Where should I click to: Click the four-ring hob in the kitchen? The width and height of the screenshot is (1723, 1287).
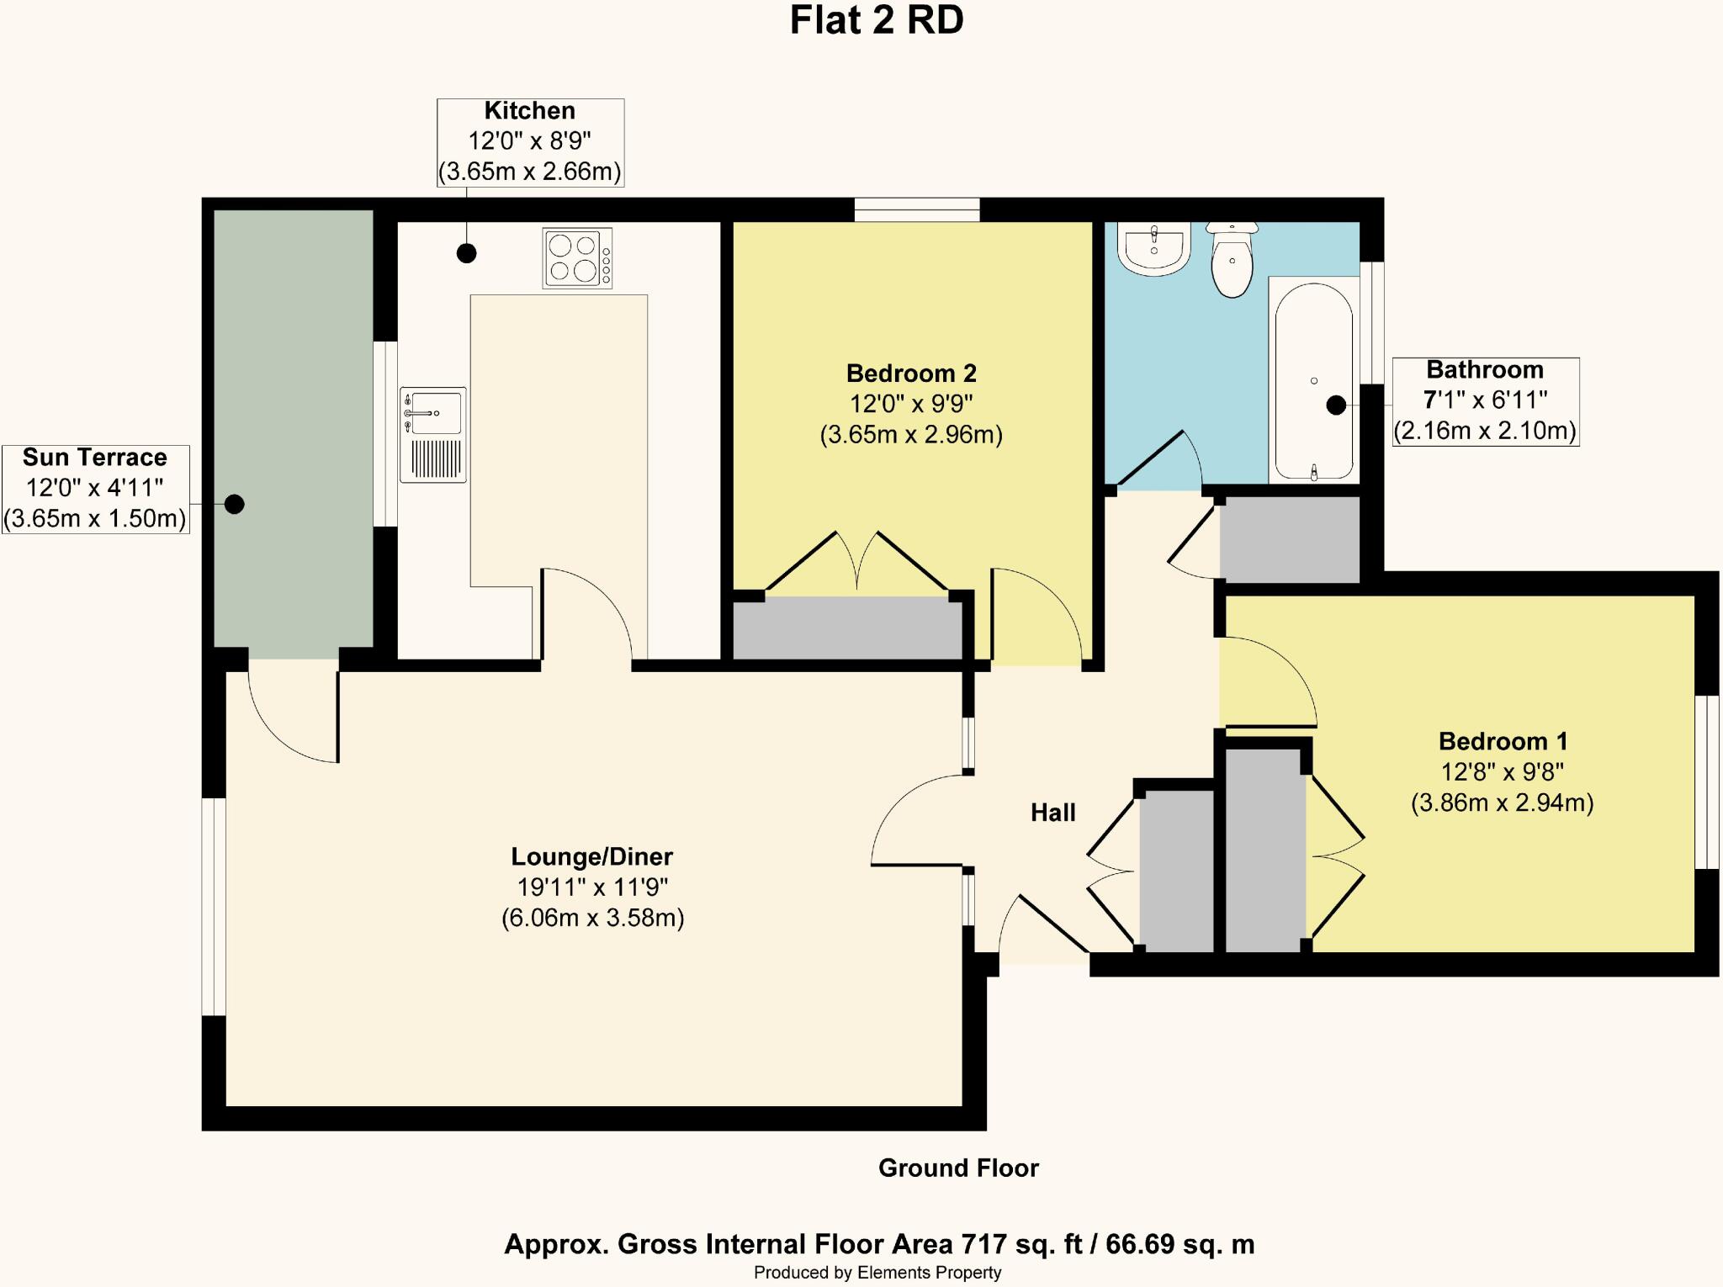[577, 258]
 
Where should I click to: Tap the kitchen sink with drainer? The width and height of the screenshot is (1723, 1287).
[433, 434]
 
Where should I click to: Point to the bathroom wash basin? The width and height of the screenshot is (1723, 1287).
[1153, 247]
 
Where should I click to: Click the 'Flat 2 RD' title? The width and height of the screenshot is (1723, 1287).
[877, 21]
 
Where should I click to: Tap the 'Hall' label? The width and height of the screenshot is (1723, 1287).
[1052, 813]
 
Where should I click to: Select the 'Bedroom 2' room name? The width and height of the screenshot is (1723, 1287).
[911, 373]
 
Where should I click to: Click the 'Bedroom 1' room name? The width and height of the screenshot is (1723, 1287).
[1503, 741]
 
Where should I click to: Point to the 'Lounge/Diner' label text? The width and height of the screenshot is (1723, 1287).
[592, 856]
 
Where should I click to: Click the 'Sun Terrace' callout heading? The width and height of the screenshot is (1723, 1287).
[95, 458]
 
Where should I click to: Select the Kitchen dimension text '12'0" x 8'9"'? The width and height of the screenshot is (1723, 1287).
[530, 140]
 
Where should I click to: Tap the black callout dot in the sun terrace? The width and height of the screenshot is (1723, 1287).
[235, 504]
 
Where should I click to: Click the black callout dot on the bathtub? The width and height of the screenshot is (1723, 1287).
[1336, 405]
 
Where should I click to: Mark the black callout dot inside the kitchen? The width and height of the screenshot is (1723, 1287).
[466, 252]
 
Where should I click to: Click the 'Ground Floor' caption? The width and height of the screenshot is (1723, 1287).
[958, 1168]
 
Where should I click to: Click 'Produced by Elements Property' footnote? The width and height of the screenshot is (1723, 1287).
[877, 1273]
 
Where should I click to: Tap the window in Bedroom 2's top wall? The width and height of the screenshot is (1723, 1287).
[917, 209]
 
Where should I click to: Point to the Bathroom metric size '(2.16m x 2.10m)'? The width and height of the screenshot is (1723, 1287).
[1485, 431]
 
